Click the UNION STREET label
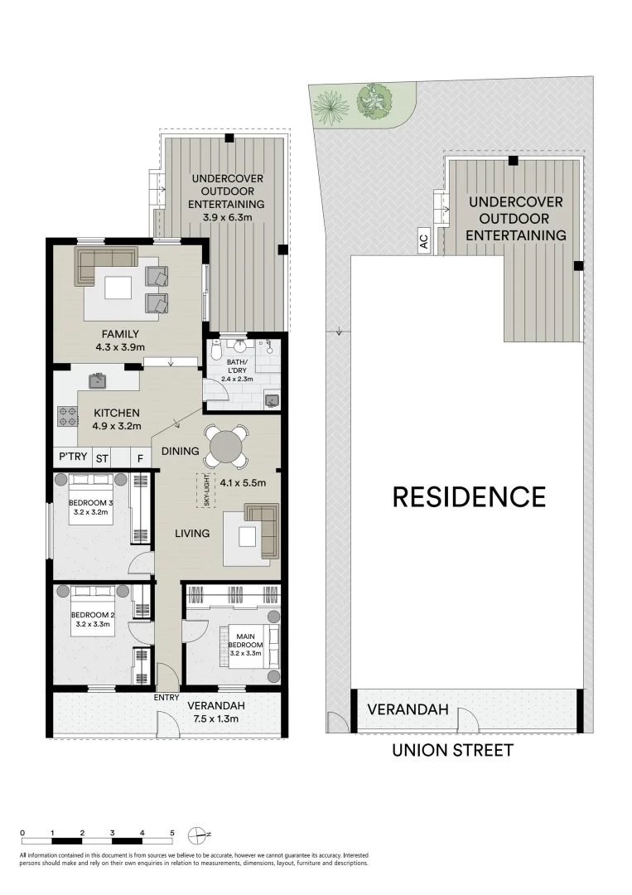point(452,750)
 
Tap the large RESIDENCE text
point(469,496)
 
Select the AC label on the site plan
point(424,242)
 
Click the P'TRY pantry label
point(73,457)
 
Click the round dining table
point(226,447)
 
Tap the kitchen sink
point(97,380)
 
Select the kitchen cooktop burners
point(67,416)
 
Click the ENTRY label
point(166,697)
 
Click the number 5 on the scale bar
point(172,832)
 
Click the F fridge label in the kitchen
point(140,458)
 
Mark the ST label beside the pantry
point(103,458)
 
